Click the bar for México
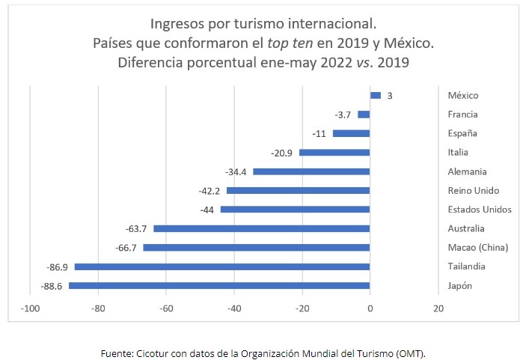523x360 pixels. click(376, 96)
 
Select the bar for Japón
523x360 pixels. click(219, 286)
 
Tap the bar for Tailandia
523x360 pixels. click(222, 266)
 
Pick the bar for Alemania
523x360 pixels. click(311, 171)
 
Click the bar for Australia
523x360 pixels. click(261, 228)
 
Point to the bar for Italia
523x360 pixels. click(334, 153)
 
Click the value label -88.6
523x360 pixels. click(53, 286)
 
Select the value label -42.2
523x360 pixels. click(211, 191)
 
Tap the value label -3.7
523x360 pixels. click(343, 115)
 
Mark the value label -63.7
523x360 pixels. click(138, 228)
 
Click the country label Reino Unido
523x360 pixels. click(473, 191)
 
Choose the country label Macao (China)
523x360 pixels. click(477, 248)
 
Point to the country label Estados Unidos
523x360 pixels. click(480, 210)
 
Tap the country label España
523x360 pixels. click(462, 133)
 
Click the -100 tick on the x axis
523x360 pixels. click(30, 308)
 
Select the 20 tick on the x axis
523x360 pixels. click(438, 308)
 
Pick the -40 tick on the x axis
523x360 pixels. click(234, 308)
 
